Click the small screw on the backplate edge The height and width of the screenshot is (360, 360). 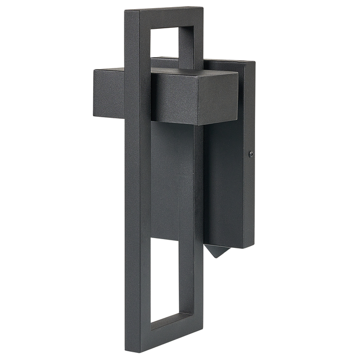coord(250,153)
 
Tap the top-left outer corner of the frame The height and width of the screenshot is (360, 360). coord(125,11)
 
